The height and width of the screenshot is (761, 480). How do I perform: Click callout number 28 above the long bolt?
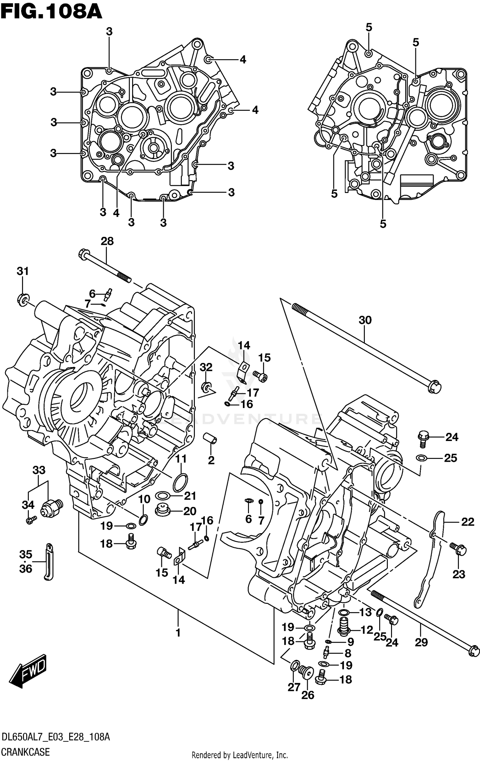tap(107, 241)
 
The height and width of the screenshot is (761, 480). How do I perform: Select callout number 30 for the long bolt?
tap(365, 320)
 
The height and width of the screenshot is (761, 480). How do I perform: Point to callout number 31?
tap(23, 271)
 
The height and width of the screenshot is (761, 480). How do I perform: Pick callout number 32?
tap(206, 367)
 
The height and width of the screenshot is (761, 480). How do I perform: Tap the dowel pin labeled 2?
tap(211, 438)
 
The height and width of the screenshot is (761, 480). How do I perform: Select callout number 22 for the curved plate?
tap(468, 522)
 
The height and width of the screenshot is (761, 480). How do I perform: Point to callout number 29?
tap(421, 642)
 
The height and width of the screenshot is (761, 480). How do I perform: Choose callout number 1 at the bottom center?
tap(178, 633)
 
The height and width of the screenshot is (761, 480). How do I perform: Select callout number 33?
tap(39, 470)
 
